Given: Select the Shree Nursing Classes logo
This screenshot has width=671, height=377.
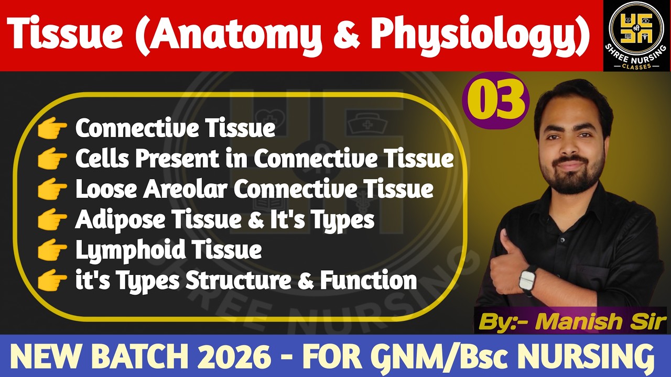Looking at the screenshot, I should [x=637, y=35].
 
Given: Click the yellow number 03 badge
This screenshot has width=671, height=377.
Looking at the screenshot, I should [x=496, y=101].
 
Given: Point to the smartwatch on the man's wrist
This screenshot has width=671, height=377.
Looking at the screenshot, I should [x=528, y=280].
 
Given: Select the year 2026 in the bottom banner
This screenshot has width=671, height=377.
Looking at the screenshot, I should [x=238, y=357].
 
